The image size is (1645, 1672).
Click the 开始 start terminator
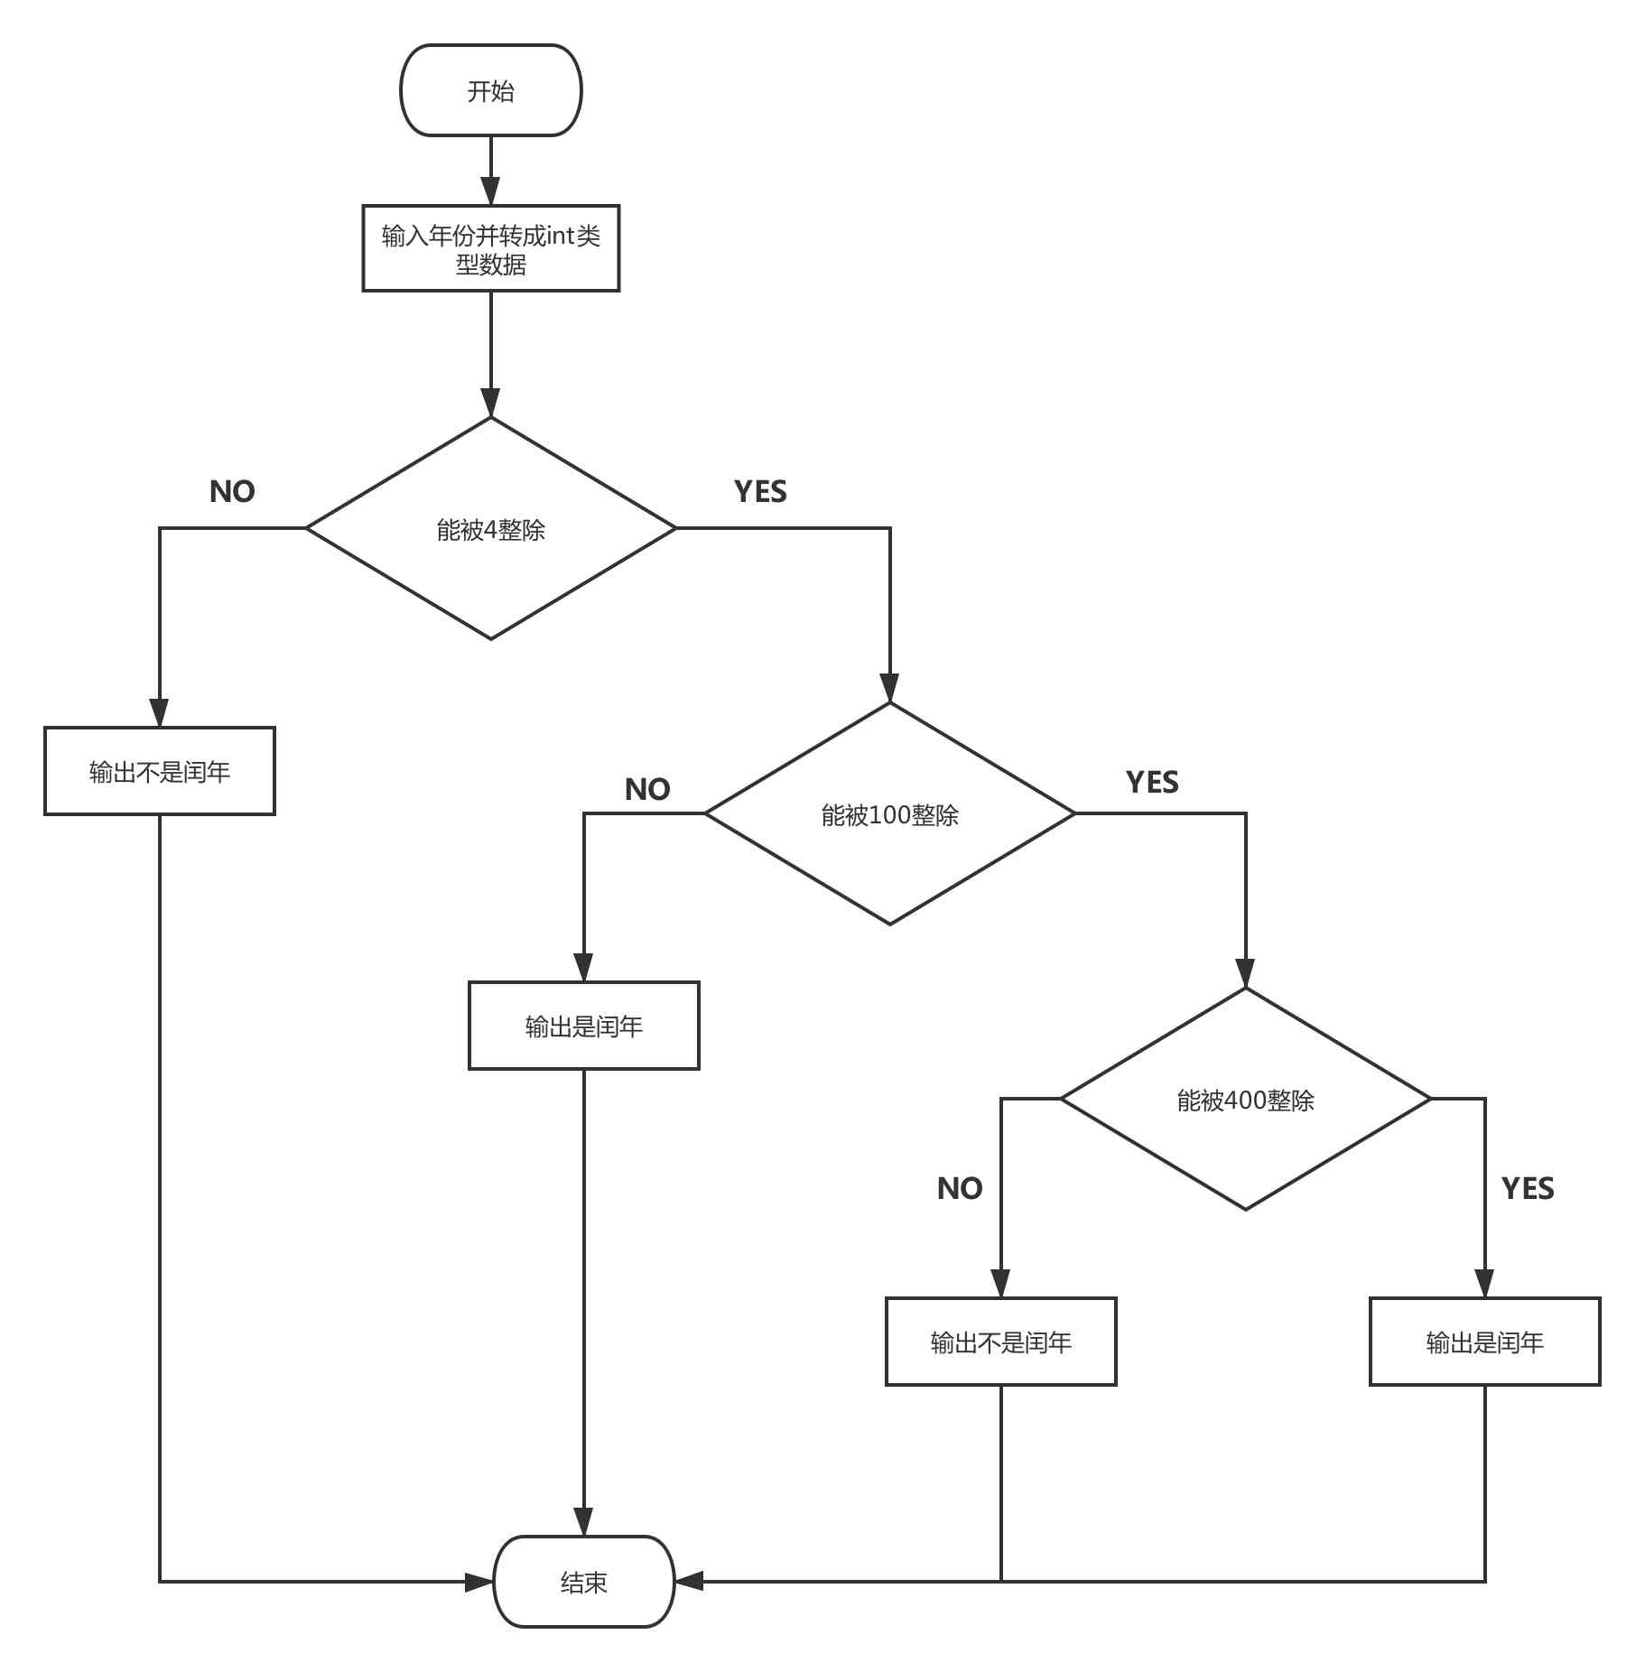(x=490, y=90)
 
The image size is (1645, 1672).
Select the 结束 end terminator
(x=583, y=1582)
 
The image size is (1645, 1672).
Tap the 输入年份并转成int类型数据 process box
(x=490, y=248)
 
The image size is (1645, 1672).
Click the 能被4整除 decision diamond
(x=490, y=529)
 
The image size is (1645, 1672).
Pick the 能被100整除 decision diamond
(x=889, y=814)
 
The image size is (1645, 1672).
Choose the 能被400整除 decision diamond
(x=1245, y=1100)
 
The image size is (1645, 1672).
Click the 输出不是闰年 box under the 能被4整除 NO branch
(x=160, y=771)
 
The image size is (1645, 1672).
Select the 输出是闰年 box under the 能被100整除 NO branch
(x=583, y=1026)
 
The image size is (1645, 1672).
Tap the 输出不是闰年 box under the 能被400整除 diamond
(x=1000, y=1342)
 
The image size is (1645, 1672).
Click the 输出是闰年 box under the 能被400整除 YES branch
(x=1484, y=1342)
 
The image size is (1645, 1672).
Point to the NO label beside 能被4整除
(x=232, y=491)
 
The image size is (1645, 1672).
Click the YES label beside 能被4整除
(x=760, y=491)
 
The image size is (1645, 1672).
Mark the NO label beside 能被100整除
(x=647, y=789)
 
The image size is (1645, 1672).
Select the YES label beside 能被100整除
(x=1152, y=782)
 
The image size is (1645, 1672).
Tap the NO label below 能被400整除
(x=960, y=1188)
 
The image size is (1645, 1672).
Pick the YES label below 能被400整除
(x=1528, y=1188)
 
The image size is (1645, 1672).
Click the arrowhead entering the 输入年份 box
(x=490, y=192)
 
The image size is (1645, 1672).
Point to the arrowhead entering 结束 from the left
(x=479, y=1582)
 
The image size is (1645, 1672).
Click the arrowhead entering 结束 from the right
(x=689, y=1582)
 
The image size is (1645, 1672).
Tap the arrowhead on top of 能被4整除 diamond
(x=490, y=403)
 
